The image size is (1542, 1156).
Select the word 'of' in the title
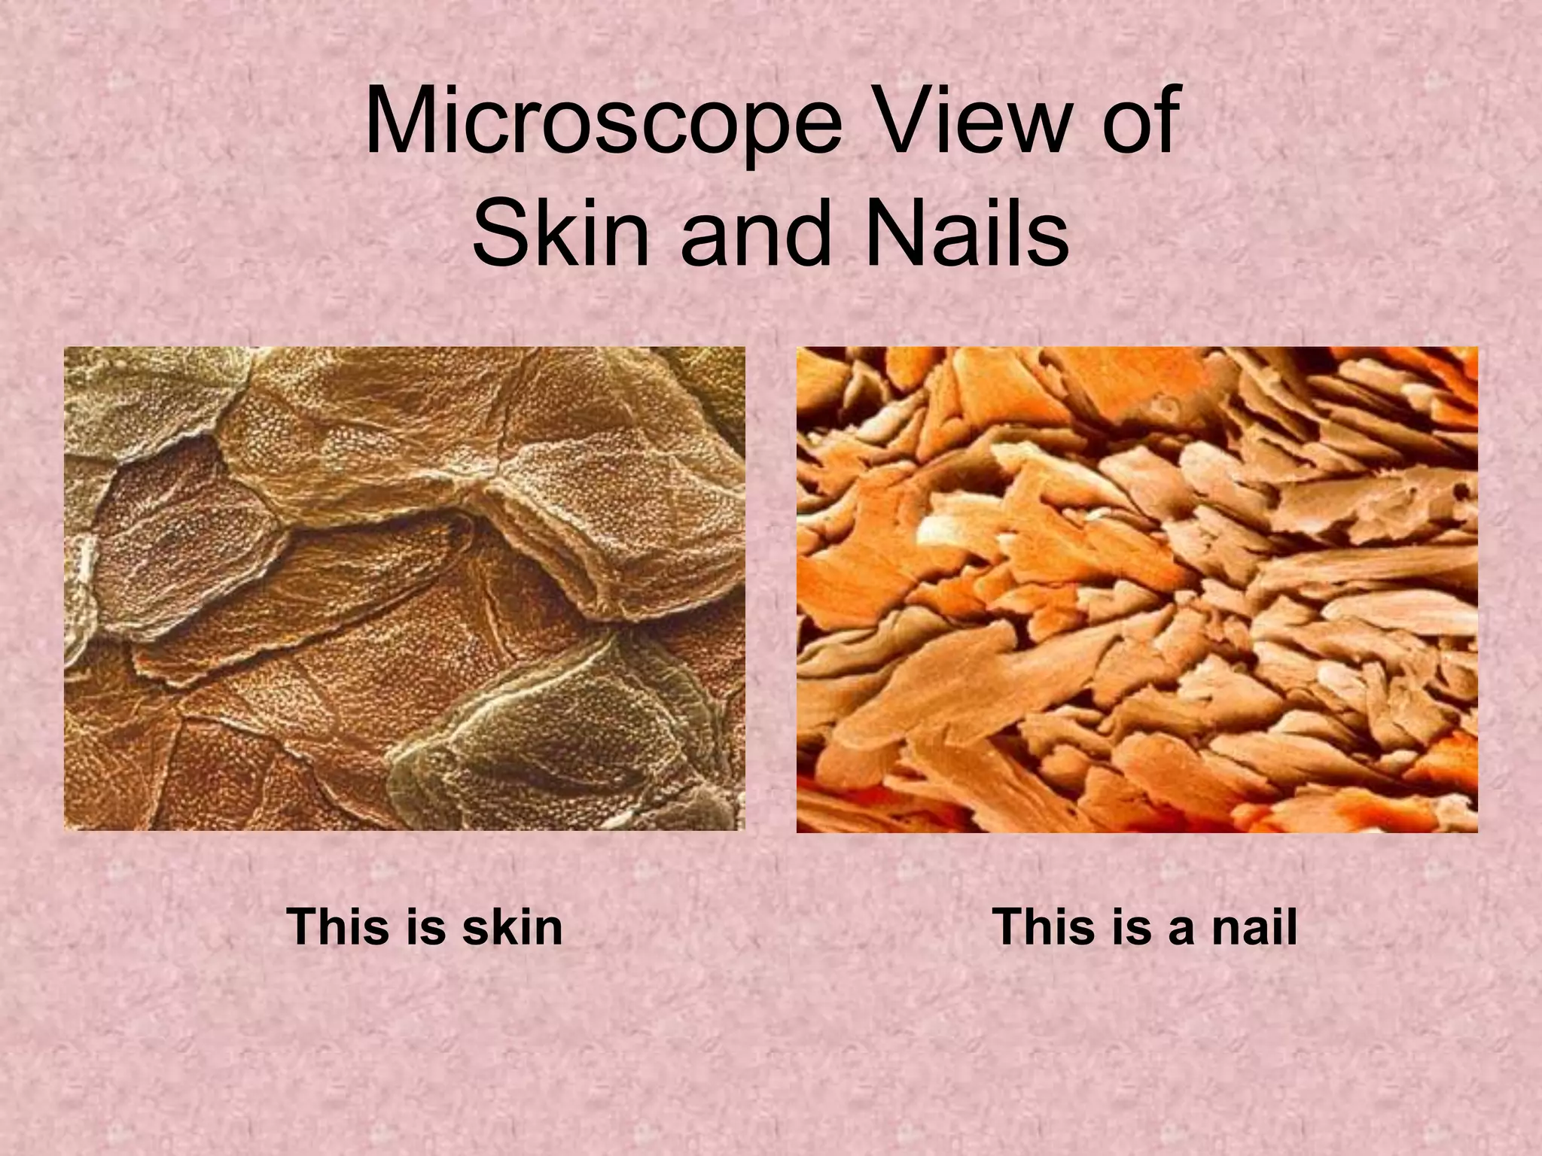coord(1138,120)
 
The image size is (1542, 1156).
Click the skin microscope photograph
coord(404,589)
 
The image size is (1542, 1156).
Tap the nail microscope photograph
coord(1137,589)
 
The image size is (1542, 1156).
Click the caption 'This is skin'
coord(425,926)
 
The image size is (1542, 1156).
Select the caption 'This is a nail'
coord(1145,926)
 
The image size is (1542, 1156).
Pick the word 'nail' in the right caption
coord(1254,926)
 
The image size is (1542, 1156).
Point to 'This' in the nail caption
coord(1044,926)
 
